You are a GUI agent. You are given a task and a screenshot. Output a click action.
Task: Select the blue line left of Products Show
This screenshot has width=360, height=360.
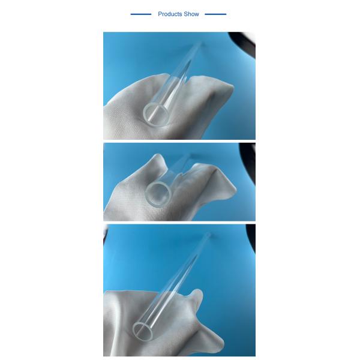(x=141, y=14)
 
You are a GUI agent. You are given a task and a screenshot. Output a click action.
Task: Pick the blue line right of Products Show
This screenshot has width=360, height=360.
(x=216, y=14)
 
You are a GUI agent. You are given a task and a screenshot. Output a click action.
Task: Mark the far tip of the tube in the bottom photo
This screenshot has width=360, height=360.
(x=208, y=235)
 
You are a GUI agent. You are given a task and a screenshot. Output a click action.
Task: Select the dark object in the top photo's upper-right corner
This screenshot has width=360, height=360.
(x=247, y=42)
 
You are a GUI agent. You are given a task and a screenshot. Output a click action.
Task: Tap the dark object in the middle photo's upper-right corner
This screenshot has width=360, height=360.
(x=249, y=153)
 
